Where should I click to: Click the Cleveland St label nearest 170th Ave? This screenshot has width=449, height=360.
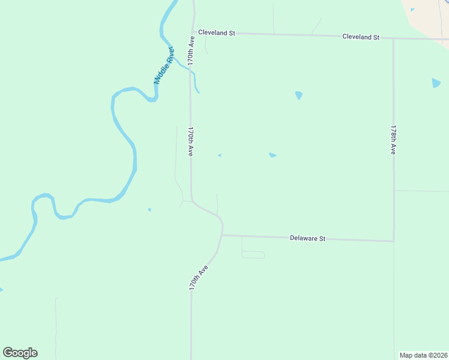point(216,33)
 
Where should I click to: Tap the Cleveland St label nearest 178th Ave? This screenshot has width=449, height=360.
point(361,37)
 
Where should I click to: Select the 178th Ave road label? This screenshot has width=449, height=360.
point(393,140)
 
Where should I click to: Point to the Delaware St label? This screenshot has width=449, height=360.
point(307,238)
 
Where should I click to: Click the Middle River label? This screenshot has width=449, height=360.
point(163,64)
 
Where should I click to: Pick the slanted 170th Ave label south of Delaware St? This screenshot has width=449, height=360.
point(198,277)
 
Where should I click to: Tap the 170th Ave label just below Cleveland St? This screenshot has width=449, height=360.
point(191,51)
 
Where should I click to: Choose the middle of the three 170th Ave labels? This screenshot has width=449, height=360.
point(190,142)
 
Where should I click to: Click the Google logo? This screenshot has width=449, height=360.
point(20,353)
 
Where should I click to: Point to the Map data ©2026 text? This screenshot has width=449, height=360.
point(423,355)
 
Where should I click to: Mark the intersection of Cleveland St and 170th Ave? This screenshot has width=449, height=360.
point(194,33)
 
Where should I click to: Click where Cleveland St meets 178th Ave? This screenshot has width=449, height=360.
point(394,38)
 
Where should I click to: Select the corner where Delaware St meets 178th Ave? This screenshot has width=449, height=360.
point(394,241)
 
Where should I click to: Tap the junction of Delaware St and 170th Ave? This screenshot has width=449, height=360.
point(222,235)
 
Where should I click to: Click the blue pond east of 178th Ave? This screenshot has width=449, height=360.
point(436,83)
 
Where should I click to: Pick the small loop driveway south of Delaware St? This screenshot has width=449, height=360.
point(253,255)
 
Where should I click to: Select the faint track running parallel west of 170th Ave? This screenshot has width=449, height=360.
point(176,156)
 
